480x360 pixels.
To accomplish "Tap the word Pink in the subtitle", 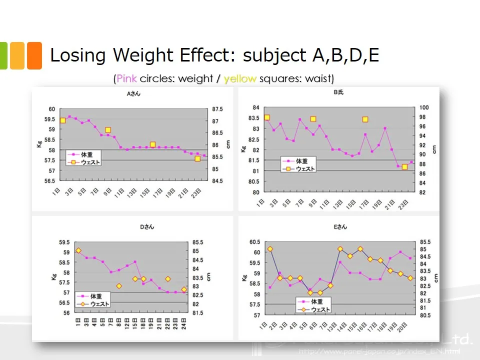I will pyautogui.click(x=126, y=78).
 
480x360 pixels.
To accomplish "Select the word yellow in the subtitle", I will pyautogui.click(x=240, y=78).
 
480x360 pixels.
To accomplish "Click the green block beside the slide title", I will pyautogui.click(x=2, y=55).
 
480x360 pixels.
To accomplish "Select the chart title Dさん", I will pyautogui.click(x=146, y=227).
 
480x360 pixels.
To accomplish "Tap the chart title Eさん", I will pyautogui.click(x=339, y=227).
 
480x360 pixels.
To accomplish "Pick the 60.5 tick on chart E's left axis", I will pyautogui.click(x=253, y=242).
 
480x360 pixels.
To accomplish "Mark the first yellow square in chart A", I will pyautogui.click(x=63, y=120).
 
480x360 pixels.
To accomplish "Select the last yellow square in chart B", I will pyautogui.click(x=404, y=166).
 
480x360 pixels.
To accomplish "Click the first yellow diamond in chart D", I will pyautogui.click(x=78, y=250).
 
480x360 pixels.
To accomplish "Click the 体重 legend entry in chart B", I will pyautogui.click(x=302, y=161).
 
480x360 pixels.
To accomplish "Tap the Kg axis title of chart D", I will pyautogui.click(x=53, y=277).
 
